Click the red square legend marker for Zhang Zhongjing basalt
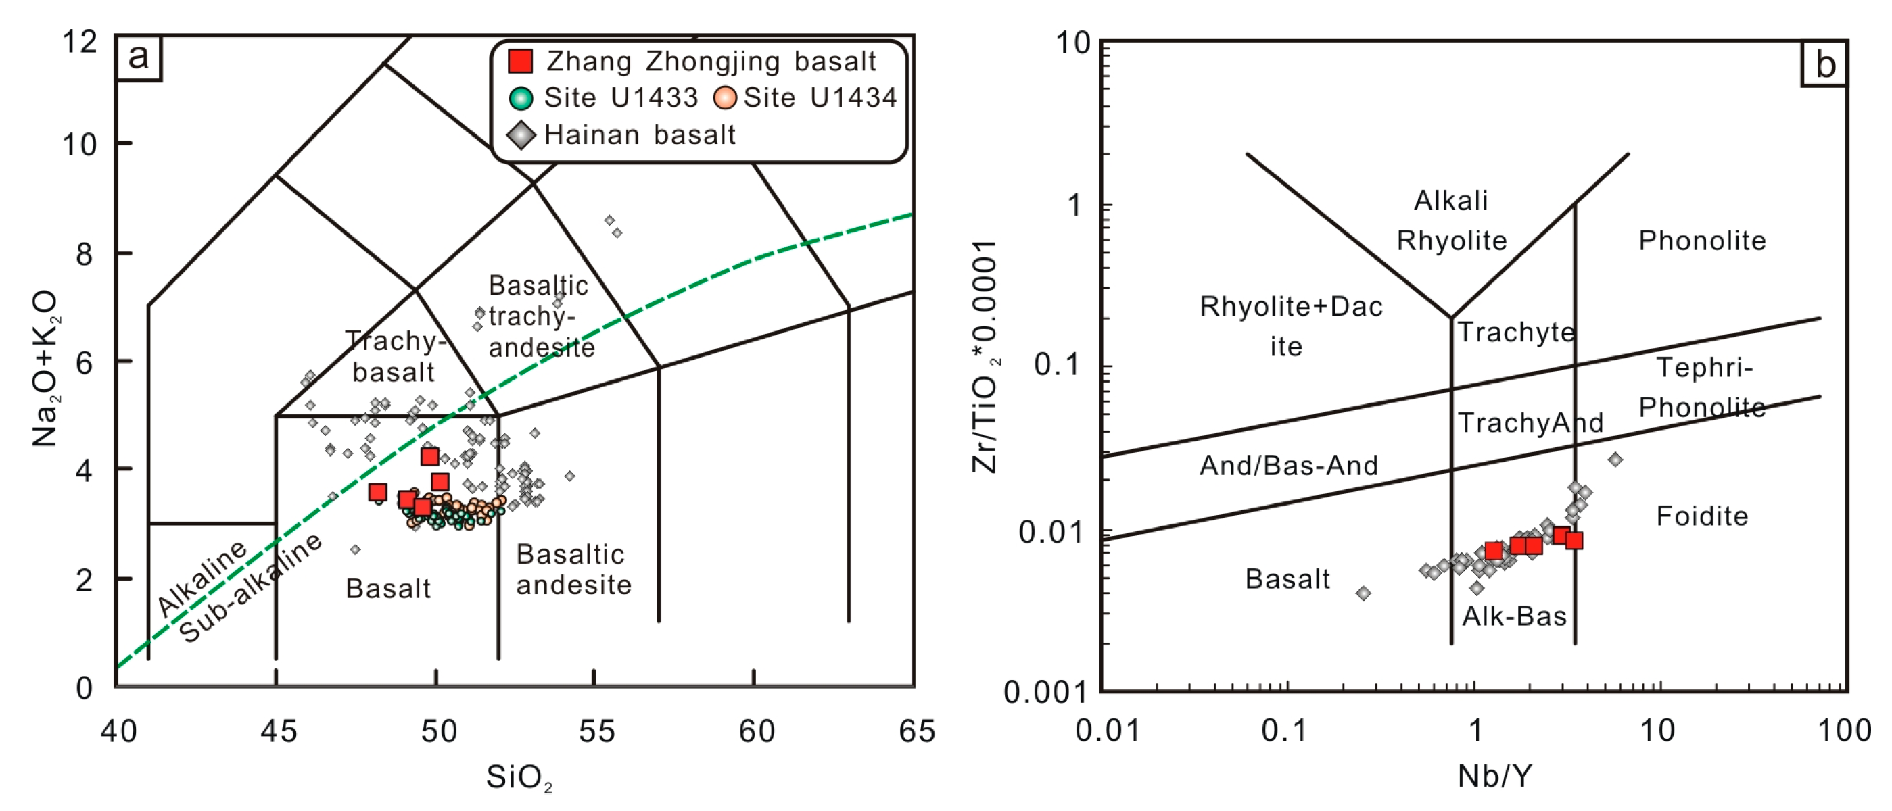(x=520, y=61)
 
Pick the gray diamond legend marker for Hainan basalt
(x=521, y=136)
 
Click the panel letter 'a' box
(x=138, y=57)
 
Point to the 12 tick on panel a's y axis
(x=79, y=42)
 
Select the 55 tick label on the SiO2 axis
(x=596, y=732)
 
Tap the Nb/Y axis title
(x=1495, y=776)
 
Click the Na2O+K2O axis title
(x=45, y=368)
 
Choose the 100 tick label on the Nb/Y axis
(x=1844, y=731)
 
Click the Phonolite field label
(x=1702, y=241)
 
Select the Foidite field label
(x=1702, y=517)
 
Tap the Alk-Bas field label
(x=1514, y=616)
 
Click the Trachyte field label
(x=1516, y=333)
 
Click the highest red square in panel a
(x=429, y=456)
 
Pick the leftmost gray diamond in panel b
(x=1363, y=593)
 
